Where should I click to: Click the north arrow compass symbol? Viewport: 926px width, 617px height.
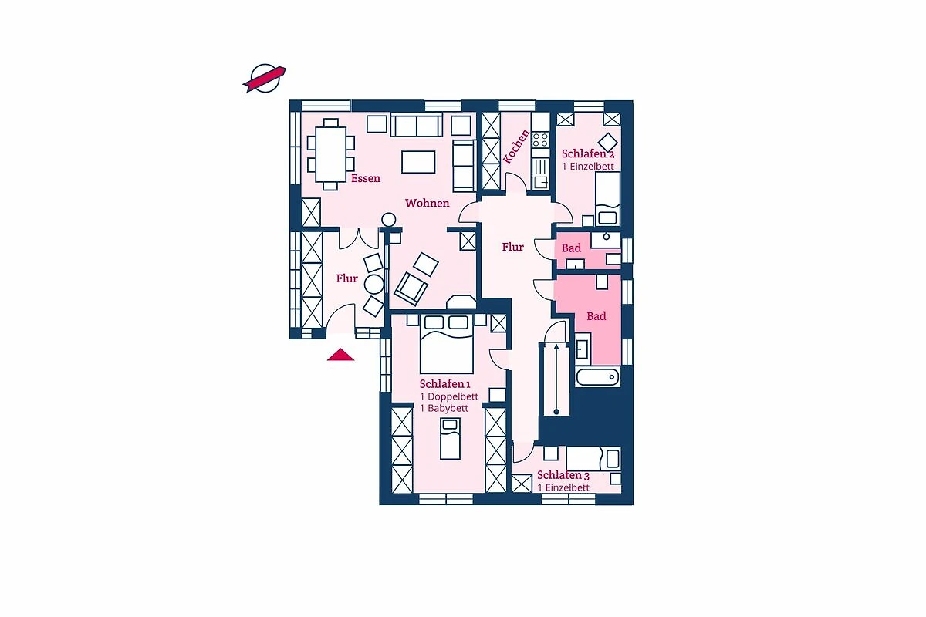click(264, 78)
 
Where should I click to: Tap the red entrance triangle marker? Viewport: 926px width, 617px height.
click(340, 355)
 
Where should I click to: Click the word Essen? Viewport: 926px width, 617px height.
click(366, 178)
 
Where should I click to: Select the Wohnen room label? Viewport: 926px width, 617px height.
click(427, 203)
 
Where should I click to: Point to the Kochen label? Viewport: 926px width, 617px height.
click(516, 147)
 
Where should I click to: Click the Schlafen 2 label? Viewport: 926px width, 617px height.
click(588, 153)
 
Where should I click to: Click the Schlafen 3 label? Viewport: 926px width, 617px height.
click(563, 475)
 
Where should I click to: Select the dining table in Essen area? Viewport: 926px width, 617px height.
click(331, 154)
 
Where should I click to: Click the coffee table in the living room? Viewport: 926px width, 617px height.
click(418, 162)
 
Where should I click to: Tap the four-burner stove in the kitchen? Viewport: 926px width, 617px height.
click(540, 140)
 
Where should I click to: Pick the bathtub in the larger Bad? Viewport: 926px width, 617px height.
click(598, 377)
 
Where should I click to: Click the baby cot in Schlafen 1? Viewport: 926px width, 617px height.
click(450, 439)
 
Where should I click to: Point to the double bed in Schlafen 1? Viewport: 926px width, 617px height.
click(447, 344)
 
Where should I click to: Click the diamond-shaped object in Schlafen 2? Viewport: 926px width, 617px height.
click(608, 143)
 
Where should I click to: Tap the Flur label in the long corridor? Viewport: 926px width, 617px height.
click(512, 247)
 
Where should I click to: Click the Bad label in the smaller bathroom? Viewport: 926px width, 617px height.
click(571, 248)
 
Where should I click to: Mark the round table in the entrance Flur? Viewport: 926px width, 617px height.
click(374, 284)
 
